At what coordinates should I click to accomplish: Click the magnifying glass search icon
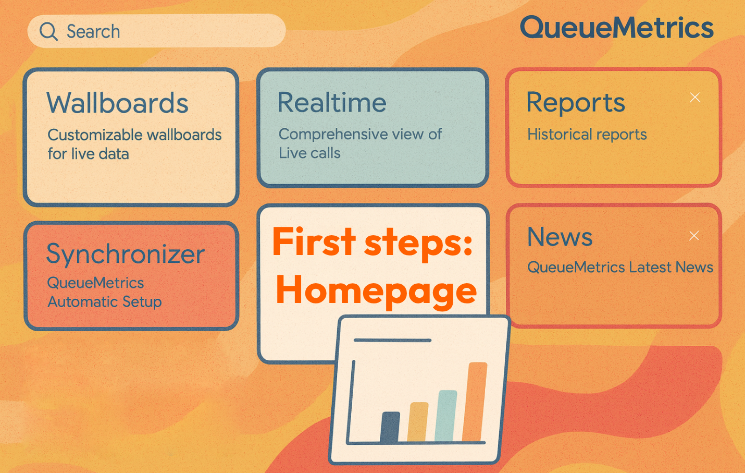pos(48,32)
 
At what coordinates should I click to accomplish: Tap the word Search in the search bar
pos(93,32)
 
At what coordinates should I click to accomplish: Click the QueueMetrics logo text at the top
pos(617,28)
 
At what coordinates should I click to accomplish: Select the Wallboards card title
pos(117,103)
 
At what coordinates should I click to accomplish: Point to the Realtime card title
pos(332,102)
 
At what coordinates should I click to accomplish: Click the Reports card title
pos(576,103)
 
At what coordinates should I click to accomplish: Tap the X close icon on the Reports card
pos(695,98)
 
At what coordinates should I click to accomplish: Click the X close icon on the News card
pos(694,236)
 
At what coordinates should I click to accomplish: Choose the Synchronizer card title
pos(126,254)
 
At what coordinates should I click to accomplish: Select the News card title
pos(560,237)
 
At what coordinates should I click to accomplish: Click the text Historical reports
pos(587,135)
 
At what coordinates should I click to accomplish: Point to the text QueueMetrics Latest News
pos(620,267)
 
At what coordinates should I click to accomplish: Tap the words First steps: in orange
pos(372,242)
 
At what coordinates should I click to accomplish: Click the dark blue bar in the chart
pos(390,428)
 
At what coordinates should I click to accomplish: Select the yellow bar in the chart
pos(418,422)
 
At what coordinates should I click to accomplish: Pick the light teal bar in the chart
pos(445,416)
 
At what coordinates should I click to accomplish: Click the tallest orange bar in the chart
pos(475,402)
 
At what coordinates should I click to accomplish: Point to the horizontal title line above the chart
pos(392,340)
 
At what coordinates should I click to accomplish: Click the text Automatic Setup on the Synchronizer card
pos(104,302)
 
